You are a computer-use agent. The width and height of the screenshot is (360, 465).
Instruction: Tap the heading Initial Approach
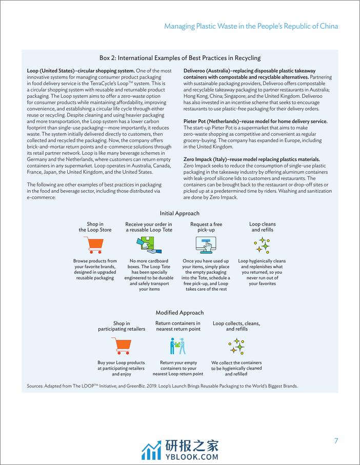(x=179, y=213)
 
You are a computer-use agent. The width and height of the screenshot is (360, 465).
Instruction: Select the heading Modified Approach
(x=179, y=313)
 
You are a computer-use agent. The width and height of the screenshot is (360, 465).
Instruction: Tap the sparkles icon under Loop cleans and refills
(x=262, y=245)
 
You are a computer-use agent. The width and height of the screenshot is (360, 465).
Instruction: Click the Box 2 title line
(x=180, y=58)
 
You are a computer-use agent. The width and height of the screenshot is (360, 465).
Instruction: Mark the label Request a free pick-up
(x=206, y=227)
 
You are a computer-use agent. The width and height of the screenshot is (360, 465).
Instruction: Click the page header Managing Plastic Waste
(x=251, y=26)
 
